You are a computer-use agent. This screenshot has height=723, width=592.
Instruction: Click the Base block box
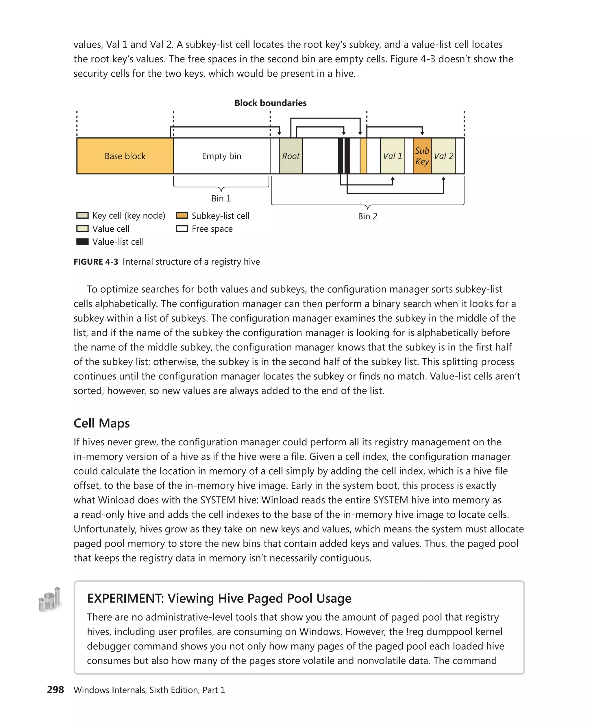point(125,156)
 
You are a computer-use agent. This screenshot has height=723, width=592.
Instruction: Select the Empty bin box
point(221,156)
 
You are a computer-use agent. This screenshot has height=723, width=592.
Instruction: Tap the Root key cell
point(291,156)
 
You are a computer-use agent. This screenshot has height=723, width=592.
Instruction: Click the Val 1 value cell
point(392,156)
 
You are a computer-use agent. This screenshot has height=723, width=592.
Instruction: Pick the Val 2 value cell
point(443,156)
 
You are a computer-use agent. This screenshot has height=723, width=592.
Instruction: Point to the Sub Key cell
point(422,156)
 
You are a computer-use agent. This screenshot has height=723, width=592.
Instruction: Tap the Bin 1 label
point(221,198)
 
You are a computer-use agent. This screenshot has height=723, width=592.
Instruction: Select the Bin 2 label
point(367,216)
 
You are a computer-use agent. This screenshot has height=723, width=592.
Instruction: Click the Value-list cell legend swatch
point(82,241)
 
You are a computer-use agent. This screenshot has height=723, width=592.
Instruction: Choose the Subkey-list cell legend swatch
point(182,215)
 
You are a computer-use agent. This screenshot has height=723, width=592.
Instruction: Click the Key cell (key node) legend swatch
point(82,215)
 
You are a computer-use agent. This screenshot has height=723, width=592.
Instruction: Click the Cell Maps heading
point(102,423)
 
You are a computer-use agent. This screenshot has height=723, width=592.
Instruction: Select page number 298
point(55,689)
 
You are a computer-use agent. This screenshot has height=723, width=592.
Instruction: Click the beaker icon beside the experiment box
point(50,599)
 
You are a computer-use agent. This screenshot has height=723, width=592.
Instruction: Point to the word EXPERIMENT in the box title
point(125,598)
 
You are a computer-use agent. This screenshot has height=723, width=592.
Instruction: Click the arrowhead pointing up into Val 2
point(443,179)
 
